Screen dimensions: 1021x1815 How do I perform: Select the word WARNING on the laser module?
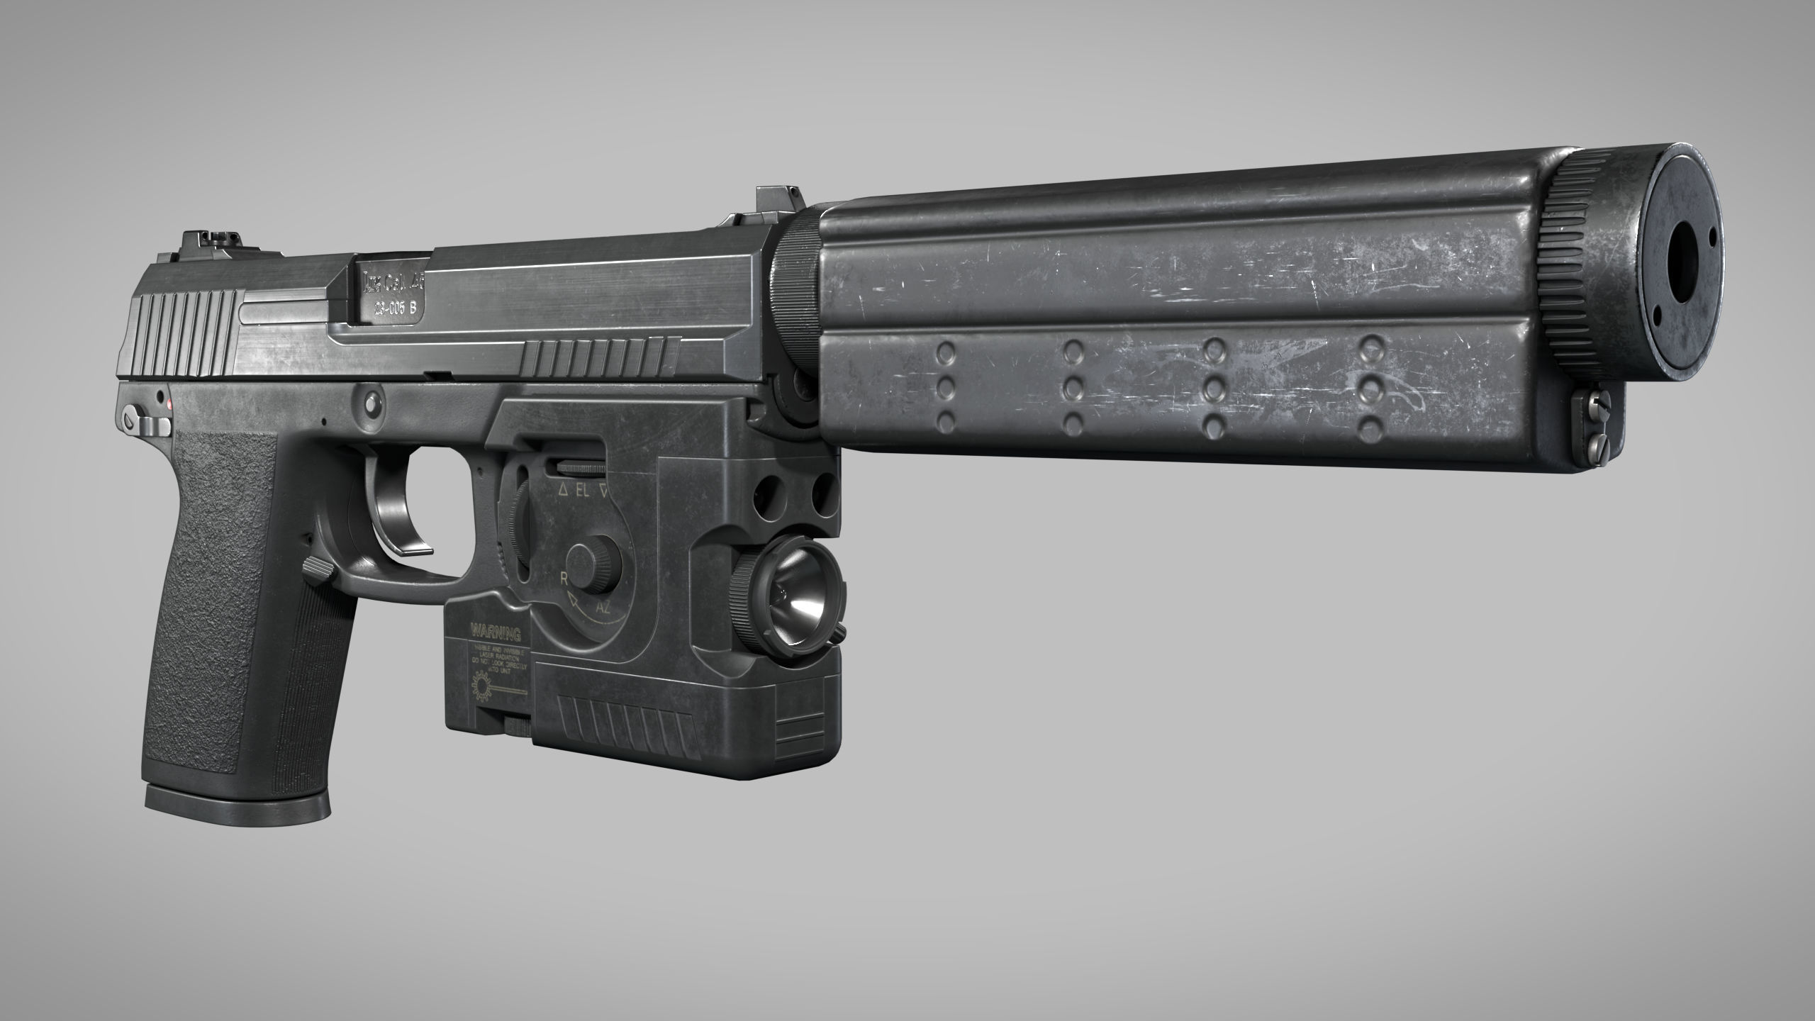coord(495,633)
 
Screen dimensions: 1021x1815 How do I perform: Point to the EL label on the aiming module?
coord(582,490)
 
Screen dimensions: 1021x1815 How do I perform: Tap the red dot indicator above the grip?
coord(172,403)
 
